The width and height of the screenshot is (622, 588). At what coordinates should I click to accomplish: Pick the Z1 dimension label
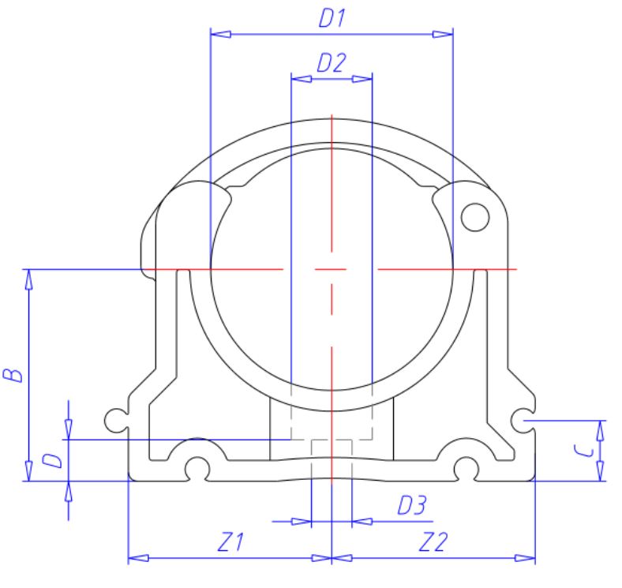(230, 543)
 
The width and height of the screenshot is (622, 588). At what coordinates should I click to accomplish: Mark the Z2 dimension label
(433, 543)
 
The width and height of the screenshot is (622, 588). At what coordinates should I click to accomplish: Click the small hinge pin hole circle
(475, 215)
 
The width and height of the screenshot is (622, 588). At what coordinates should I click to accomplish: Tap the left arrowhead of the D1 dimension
(219, 34)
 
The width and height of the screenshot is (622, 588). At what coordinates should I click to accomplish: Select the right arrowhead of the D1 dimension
(444, 34)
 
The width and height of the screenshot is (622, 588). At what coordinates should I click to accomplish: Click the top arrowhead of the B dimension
(29, 278)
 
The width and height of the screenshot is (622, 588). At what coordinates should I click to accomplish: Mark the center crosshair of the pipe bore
(332, 270)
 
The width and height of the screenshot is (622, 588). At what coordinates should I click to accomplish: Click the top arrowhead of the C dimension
(601, 429)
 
